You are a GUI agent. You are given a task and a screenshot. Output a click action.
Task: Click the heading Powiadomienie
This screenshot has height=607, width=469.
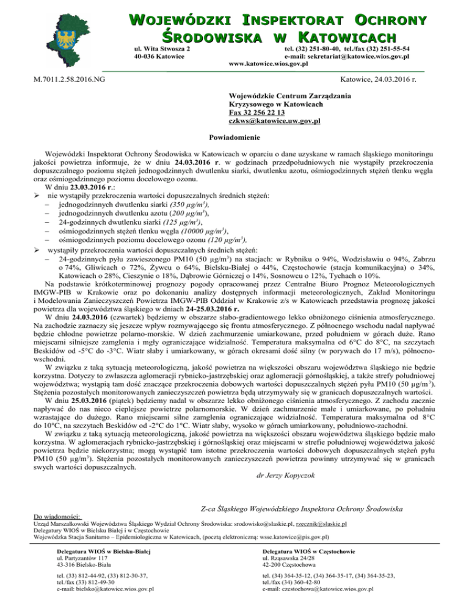point(234,138)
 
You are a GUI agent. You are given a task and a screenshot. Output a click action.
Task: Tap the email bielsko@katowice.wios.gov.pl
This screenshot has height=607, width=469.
point(104,589)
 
